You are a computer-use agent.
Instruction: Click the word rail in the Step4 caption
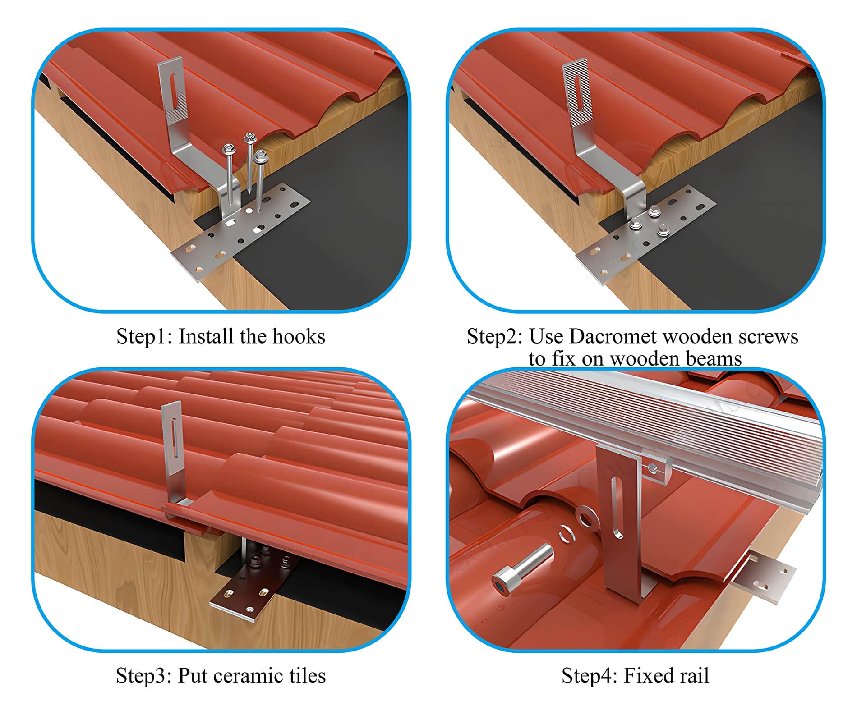point(696,676)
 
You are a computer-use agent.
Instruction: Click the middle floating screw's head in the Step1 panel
point(249,138)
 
